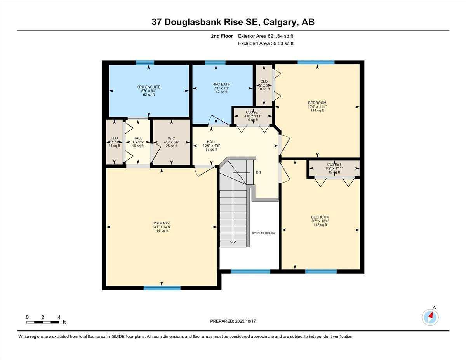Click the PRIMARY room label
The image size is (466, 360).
pos(161,223)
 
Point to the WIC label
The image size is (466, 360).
pos(171,138)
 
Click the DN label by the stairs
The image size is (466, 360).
pos(258,172)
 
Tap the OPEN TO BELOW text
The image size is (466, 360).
pos(263,233)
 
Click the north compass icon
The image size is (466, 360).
pos(430,317)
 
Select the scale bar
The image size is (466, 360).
pos(43,322)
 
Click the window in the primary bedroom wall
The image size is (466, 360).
pos(162,288)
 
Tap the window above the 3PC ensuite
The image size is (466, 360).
pos(145,63)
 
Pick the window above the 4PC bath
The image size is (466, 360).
pos(215,63)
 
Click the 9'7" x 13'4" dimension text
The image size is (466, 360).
pos(320,221)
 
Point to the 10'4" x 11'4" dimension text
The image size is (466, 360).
pos(317,107)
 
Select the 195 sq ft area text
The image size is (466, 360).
pos(161,231)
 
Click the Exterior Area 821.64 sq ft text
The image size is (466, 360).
pos(266,36)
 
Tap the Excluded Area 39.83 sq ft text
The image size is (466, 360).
pos(266,43)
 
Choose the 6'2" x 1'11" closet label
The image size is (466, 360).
pos(334,168)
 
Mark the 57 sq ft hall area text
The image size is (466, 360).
pos(211,150)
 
